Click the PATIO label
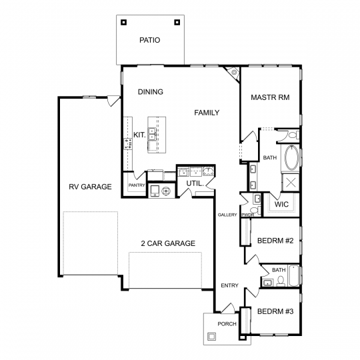click(x=150, y=40)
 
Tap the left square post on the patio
click(x=124, y=22)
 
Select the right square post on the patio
click(x=177, y=22)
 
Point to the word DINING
click(x=151, y=92)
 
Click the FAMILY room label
click(x=207, y=113)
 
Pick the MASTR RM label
click(x=270, y=97)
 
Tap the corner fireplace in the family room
click(x=233, y=73)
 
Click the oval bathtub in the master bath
click(x=291, y=158)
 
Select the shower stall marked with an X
click(x=291, y=182)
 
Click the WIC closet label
click(x=281, y=204)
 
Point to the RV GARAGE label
click(x=90, y=187)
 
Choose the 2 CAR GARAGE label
click(x=168, y=243)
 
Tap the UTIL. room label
click(x=195, y=183)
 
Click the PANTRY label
click(x=137, y=185)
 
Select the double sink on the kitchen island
click(x=152, y=134)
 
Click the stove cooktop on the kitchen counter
click(x=128, y=144)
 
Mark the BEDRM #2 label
click(x=275, y=241)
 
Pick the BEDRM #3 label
click(x=275, y=311)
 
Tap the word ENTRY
click(x=229, y=285)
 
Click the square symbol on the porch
click(x=211, y=337)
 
